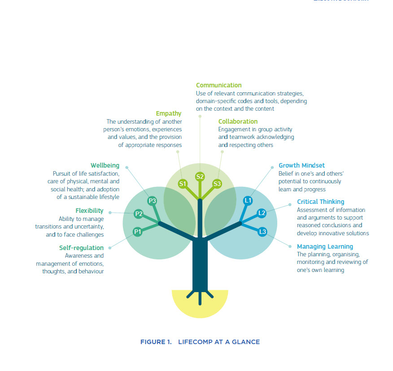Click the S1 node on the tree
pyautogui.click(x=183, y=183)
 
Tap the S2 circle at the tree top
pyautogui.click(x=200, y=177)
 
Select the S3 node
pyautogui.click(x=217, y=183)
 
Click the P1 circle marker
pyautogui.click(x=138, y=231)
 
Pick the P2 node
pyautogui.click(x=139, y=214)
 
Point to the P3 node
pyautogui.click(x=152, y=201)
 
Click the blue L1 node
pyautogui.click(x=248, y=200)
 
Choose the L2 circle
pyautogui.click(x=262, y=213)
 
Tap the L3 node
pyautogui.click(x=262, y=231)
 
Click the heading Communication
pyautogui.click(x=218, y=85)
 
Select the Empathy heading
pyautogui.click(x=169, y=113)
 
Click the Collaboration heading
pyautogui.click(x=238, y=121)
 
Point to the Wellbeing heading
pyautogui.click(x=105, y=165)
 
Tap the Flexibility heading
pyautogui.click(x=89, y=211)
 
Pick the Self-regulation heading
pyautogui.click(x=81, y=248)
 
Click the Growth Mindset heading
pyautogui.click(x=301, y=165)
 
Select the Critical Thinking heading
pyautogui.click(x=320, y=202)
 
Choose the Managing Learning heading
pyautogui.click(x=325, y=246)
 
